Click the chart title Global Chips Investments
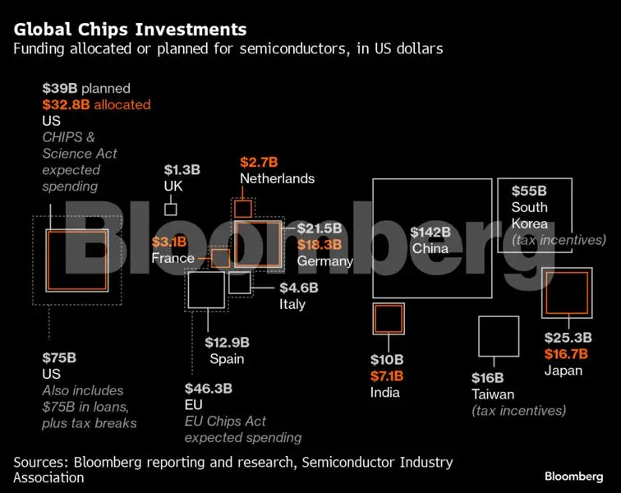click(130, 30)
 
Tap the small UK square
click(171, 209)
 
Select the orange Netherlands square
click(243, 209)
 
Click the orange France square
click(220, 259)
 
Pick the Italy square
click(240, 283)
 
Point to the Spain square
click(206, 290)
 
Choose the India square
click(388, 318)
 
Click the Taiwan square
click(499, 337)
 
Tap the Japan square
click(566, 293)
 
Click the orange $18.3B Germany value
click(319, 245)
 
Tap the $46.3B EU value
click(208, 388)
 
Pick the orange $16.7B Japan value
click(566, 354)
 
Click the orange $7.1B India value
click(386, 376)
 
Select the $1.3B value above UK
click(182, 170)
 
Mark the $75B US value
click(59, 357)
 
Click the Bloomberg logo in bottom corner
click(573, 477)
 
